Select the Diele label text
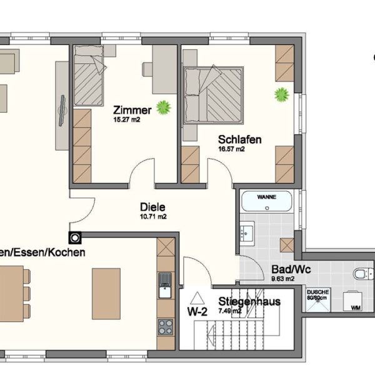[x=152, y=206]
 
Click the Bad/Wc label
[x=284, y=270]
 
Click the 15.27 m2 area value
[x=126, y=119]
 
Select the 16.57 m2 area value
[x=231, y=149]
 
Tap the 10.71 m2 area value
[x=153, y=216]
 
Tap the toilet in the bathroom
[x=362, y=274]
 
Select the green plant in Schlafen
[x=282, y=95]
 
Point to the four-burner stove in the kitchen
[x=166, y=326]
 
